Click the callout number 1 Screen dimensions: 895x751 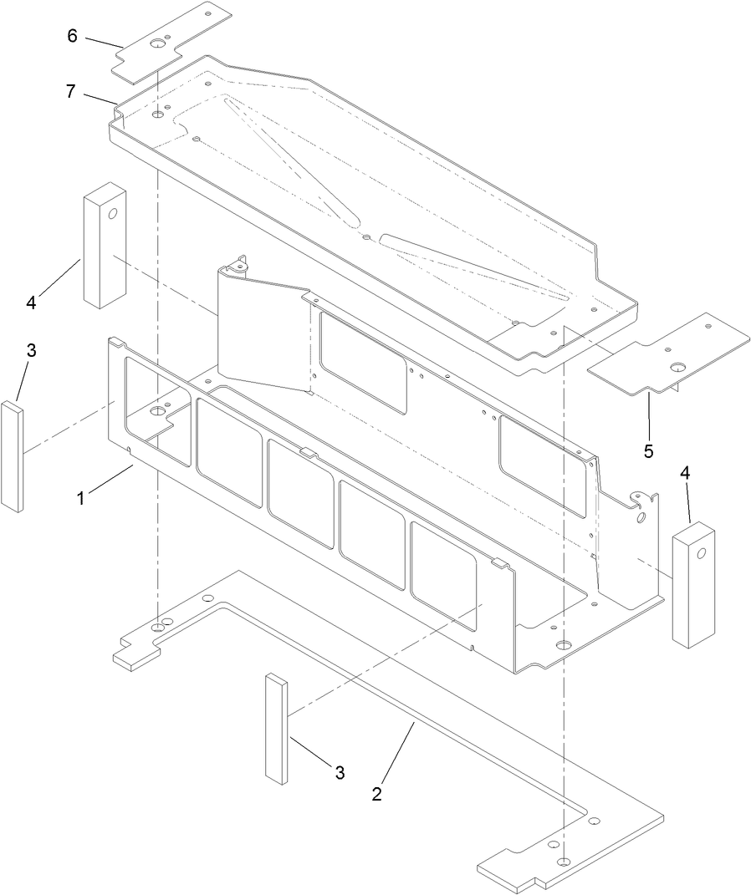(81, 498)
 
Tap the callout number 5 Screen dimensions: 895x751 (648, 452)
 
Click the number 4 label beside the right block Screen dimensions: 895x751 (686, 472)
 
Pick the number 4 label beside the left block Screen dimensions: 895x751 (31, 303)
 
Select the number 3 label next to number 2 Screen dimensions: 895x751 (340, 773)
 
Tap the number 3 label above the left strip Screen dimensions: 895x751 (31, 351)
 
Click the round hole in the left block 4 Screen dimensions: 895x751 (114, 213)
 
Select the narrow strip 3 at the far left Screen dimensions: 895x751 (12, 456)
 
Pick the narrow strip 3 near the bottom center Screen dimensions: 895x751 (277, 729)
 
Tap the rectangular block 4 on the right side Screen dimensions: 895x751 (695, 583)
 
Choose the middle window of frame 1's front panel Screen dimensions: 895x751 (301, 481)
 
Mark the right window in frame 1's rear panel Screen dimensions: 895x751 (542, 463)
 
